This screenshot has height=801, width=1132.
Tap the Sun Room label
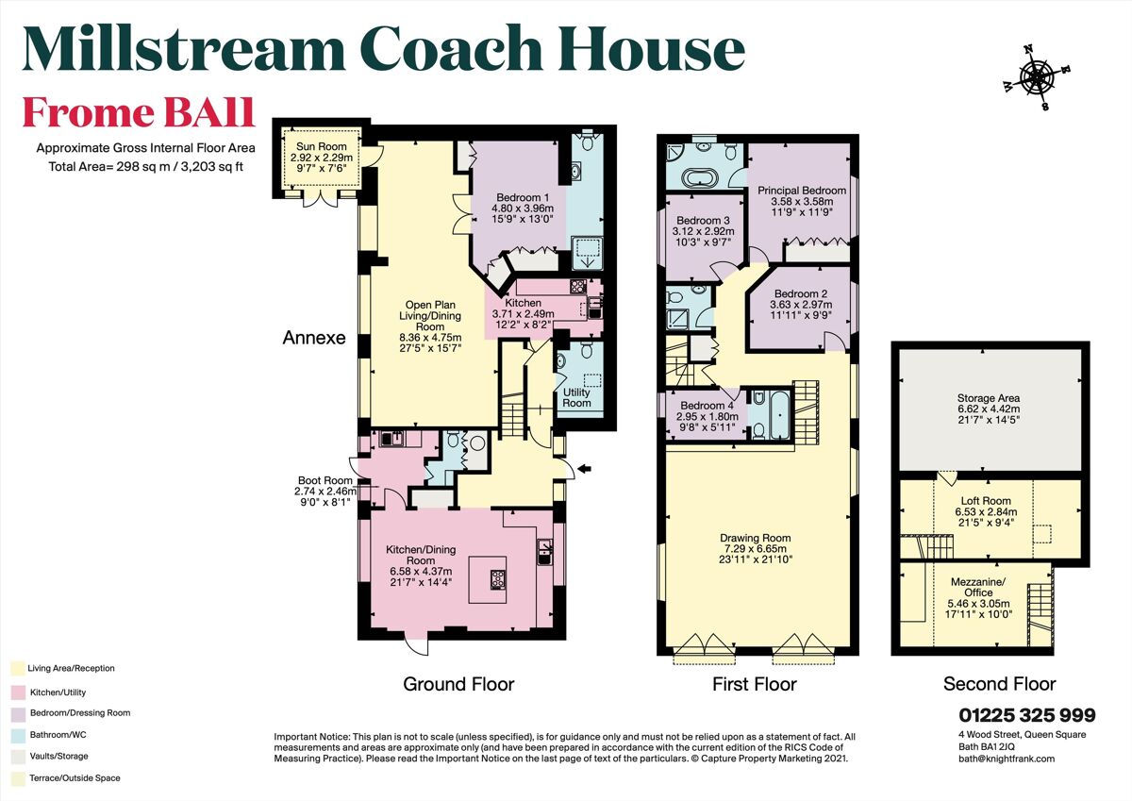tap(322, 146)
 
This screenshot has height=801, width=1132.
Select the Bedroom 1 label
tap(523, 197)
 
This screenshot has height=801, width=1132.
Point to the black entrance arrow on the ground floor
tap(584, 469)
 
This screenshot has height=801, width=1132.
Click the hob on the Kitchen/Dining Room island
tap(498, 579)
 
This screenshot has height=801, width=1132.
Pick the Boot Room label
tap(325, 480)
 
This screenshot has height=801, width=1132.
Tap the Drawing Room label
tap(755, 538)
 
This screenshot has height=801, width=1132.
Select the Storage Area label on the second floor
tap(989, 398)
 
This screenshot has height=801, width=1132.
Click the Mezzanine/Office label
tap(978, 587)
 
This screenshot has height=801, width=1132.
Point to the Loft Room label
tap(986, 501)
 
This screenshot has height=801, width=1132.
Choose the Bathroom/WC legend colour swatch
tap(18, 735)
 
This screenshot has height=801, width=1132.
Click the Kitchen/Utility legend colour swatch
tap(18, 693)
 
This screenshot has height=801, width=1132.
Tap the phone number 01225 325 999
tap(1027, 715)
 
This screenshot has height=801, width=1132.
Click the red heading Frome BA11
tap(139, 112)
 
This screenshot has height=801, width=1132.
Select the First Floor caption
tap(755, 684)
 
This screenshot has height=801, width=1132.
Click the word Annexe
tap(314, 338)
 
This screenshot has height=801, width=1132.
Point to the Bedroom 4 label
tap(707, 406)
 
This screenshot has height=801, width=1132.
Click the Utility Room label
tap(576, 397)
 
